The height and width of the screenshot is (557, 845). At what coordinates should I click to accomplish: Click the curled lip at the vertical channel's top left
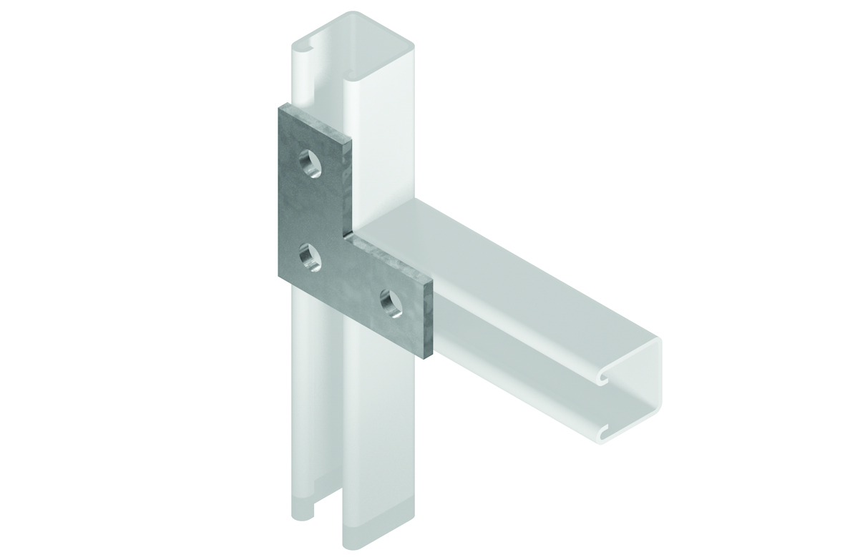coord(309,50)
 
